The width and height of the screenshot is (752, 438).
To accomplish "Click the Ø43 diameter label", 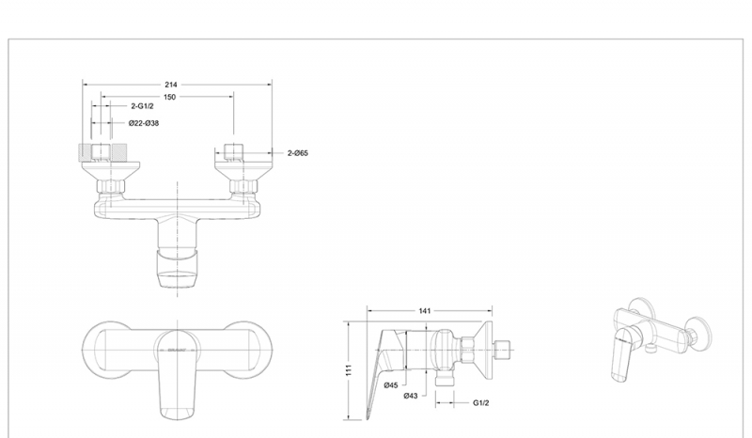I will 411,396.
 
